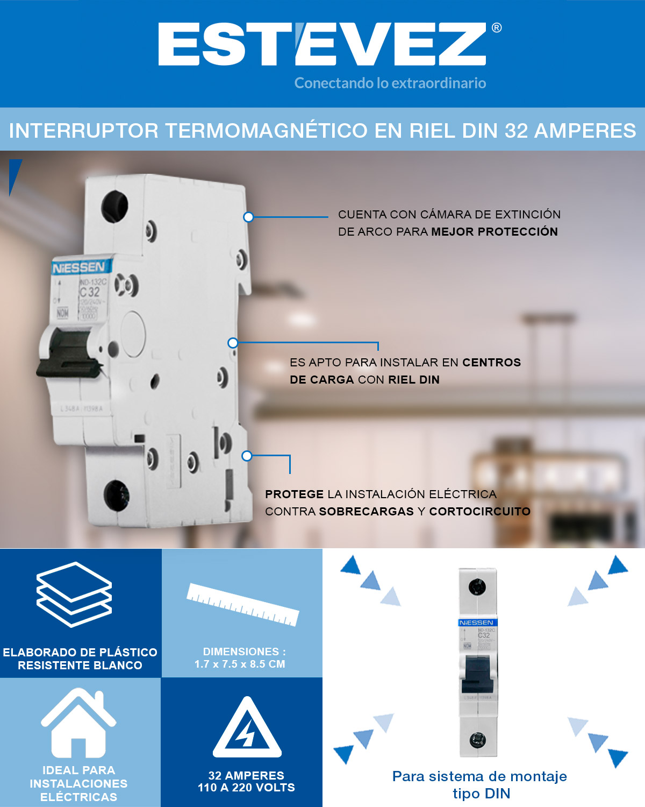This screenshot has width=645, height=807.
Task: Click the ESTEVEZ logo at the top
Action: [322, 44]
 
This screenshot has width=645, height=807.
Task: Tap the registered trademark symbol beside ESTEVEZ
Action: [497, 27]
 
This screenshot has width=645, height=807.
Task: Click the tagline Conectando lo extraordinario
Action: [390, 83]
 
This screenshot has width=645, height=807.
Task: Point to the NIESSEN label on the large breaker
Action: [79, 267]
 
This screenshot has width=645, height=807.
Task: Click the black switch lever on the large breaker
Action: [67, 352]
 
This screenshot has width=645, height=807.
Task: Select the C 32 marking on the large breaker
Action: [90, 292]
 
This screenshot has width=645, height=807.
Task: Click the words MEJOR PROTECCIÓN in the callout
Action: [494, 232]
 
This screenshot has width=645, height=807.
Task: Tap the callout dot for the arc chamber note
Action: [248, 217]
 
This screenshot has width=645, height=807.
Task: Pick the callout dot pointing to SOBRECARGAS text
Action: [247, 456]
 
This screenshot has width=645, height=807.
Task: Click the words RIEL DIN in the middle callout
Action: [414, 380]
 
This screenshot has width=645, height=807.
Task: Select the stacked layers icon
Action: [74, 594]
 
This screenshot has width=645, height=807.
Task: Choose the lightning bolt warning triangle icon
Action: [247, 729]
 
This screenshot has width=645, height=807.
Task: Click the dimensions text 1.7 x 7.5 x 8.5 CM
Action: [240, 664]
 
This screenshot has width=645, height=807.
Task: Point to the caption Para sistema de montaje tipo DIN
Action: [480, 784]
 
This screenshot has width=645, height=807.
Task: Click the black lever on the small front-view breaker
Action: [477, 674]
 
